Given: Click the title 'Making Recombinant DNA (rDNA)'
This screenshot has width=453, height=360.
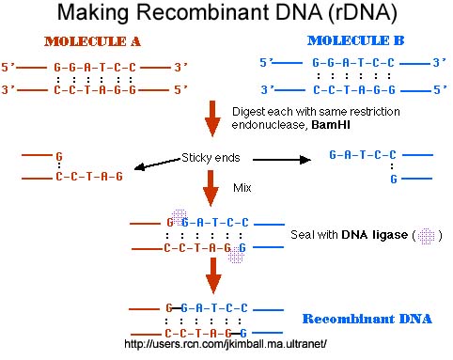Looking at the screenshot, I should [x=226, y=16].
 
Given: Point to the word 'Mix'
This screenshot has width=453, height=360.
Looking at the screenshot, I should [x=244, y=189].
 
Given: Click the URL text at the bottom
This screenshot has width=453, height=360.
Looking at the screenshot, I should [x=225, y=344].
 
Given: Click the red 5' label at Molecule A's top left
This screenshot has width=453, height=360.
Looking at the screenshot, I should [x=10, y=68].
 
